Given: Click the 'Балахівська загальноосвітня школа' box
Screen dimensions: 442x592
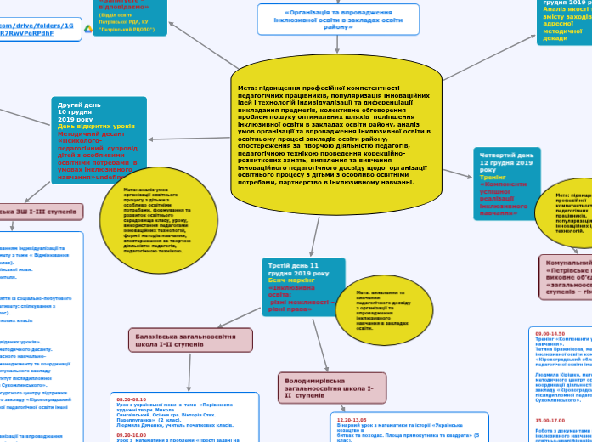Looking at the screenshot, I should coord(191,340).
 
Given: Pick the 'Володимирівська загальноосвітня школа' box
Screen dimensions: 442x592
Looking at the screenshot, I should coord(323,387).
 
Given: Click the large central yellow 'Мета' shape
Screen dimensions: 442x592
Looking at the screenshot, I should coord(335,136).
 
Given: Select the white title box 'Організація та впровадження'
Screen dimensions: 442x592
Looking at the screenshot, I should coord(338,20).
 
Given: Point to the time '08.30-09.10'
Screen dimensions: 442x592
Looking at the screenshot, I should coord(132,399).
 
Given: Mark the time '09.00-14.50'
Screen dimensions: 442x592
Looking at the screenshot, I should coord(550,333).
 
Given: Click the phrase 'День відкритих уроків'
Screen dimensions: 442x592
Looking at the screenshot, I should coord(96,127).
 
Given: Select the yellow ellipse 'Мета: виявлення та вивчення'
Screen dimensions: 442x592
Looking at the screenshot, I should coord(384,309).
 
